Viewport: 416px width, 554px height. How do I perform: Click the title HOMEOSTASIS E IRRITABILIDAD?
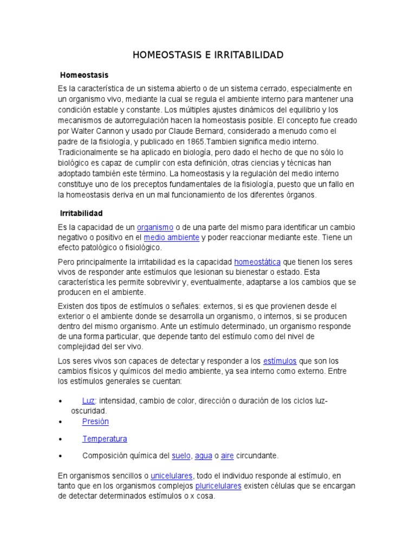(x=208, y=55)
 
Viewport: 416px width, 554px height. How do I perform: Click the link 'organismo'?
(x=155, y=227)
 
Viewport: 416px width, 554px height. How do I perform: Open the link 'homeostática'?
(x=257, y=262)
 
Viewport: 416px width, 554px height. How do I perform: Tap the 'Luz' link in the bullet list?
(x=88, y=401)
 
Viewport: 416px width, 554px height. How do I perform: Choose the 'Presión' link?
(x=95, y=421)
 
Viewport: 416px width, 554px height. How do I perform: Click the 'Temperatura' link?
(x=105, y=439)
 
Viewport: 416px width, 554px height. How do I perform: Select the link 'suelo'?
(x=181, y=456)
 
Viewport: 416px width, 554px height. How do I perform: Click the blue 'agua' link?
(x=203, y=456)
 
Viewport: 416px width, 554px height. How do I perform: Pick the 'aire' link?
(x=227, y=456)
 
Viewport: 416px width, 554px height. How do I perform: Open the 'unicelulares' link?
(x=171, y=476)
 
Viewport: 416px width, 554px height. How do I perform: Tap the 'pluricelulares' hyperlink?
(x=218, y=486)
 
